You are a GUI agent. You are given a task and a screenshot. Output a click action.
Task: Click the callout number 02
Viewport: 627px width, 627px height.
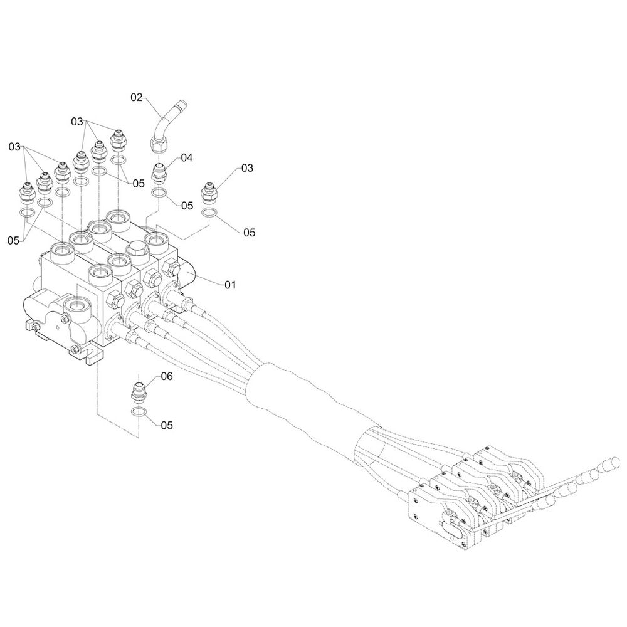pyautogui.click(x=137, y=97)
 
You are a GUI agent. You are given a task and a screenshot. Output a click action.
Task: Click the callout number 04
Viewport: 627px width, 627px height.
pyautogui.click(x=186, y=158)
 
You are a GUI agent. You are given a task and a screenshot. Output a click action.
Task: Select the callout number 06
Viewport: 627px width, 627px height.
pyautogui.click(x=166, y=376)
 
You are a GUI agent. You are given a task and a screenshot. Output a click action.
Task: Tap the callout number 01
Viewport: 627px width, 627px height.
pyautogui.click(x=230, y=285)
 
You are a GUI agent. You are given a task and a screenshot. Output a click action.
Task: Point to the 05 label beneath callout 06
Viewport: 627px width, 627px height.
pyautogui.click(x=166, y=424)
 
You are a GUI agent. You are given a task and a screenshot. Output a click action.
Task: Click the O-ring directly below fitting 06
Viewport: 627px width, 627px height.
pyautogui.click(x=141, y=412)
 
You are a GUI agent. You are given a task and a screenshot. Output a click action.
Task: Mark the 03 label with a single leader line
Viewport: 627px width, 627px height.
pyautogui.click(x=247, y=168)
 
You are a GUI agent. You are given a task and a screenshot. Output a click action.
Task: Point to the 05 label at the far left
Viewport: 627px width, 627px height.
pyautogui.click(x=14, y=240)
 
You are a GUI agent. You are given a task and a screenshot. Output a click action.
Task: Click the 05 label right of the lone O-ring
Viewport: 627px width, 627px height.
pyautogui.click(x=249, y=232)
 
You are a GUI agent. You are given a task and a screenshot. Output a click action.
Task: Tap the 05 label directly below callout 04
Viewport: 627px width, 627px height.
pyautogui.click(x=187, y=205)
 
